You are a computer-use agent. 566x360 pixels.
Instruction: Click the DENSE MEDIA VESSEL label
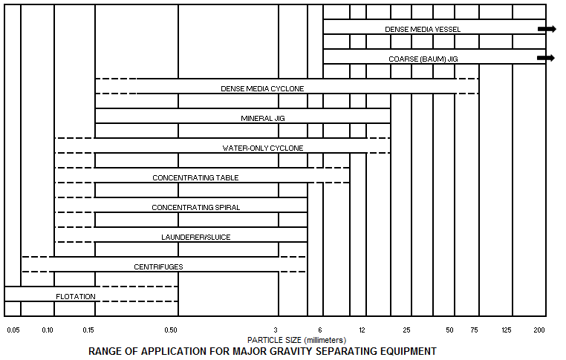(423, 30)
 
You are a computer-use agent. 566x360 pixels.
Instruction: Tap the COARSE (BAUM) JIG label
(423, 59)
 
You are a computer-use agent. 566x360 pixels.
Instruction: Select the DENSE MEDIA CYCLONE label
(262, 89)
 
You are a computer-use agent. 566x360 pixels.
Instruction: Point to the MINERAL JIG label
(263, 118)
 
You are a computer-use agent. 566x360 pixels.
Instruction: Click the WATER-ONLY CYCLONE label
(263, 148)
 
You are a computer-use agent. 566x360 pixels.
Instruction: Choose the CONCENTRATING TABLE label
(195, 178)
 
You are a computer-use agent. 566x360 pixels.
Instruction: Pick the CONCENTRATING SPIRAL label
(196, 207)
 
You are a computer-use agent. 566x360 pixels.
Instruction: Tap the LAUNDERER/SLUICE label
(196, 237)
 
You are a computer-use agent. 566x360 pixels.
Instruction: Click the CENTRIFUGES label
(158, 267)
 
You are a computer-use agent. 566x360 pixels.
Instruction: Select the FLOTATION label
(76, 296)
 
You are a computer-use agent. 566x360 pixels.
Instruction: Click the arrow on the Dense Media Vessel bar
(547, 29)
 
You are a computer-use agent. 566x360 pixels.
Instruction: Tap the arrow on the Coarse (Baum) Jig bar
(546, 58)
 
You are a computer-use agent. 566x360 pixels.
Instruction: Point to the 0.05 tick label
(13, 330)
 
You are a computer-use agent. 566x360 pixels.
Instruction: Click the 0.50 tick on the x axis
(171, 330)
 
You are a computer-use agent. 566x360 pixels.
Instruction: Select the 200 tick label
(539, 330)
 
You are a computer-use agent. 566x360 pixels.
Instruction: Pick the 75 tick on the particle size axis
(475, 330)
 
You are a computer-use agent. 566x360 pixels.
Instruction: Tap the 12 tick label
(362, 330)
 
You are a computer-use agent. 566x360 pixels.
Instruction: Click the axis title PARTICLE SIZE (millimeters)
(296, 340)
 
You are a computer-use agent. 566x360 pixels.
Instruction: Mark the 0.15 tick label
(88, 330)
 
